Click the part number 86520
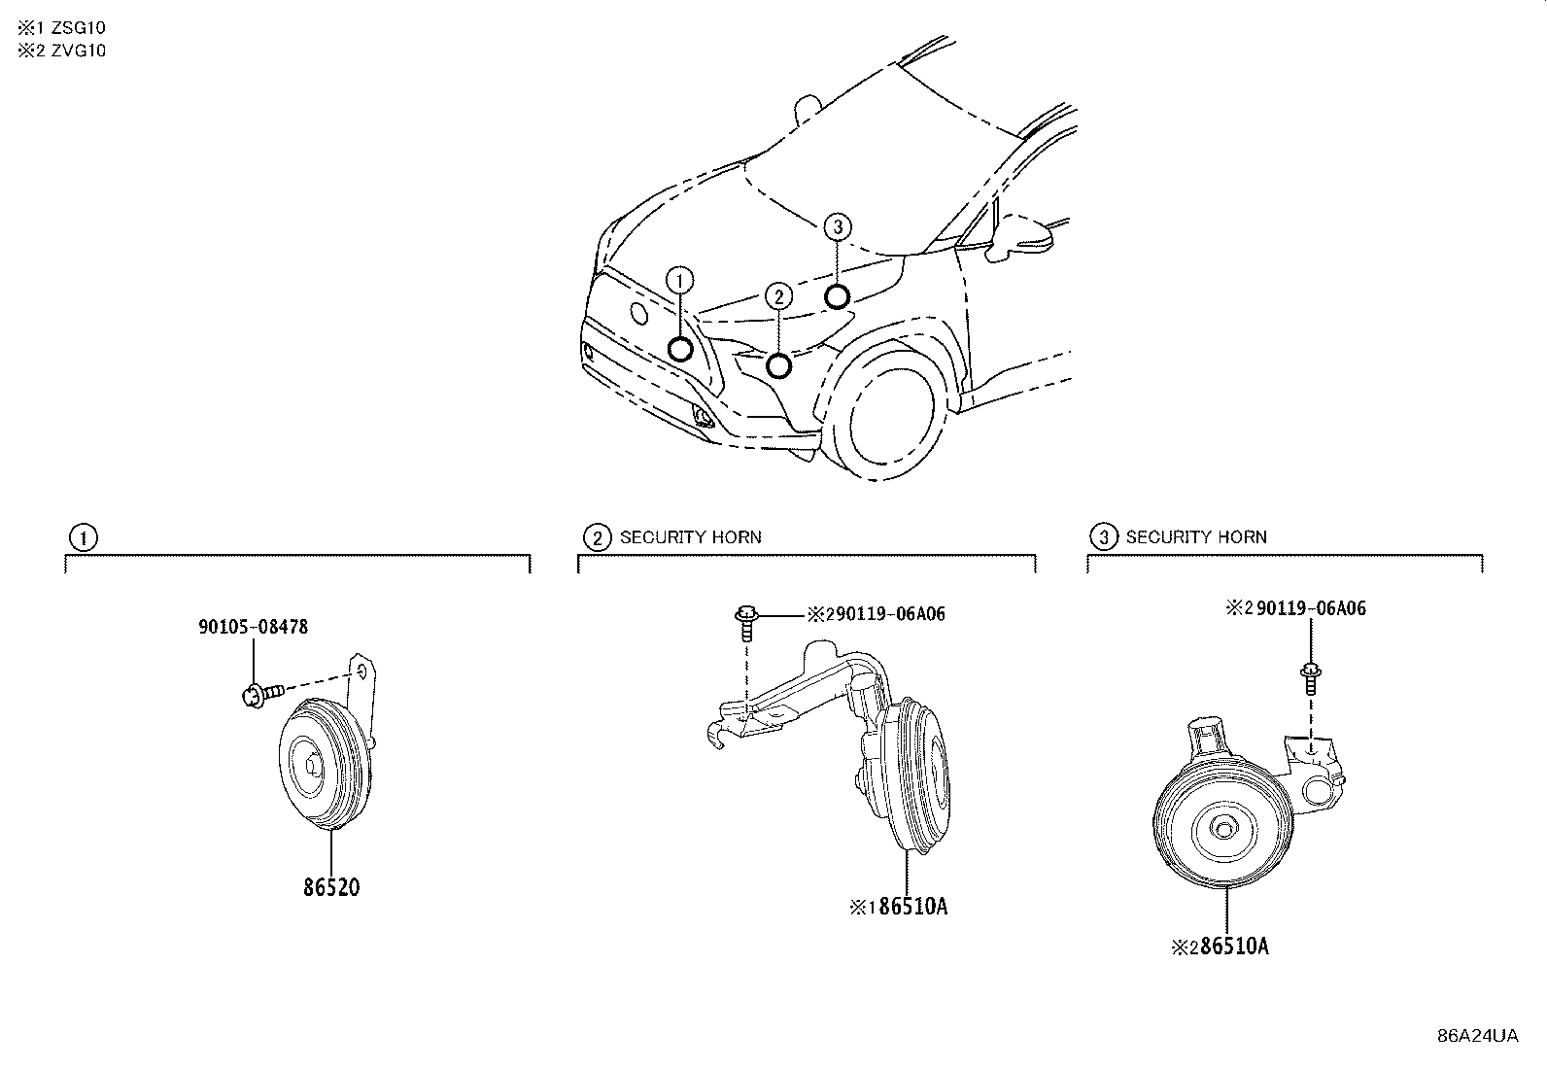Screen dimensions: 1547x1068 [331, 887]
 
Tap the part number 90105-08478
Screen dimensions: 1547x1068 [254, 627]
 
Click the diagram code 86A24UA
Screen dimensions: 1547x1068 [1478, 1036]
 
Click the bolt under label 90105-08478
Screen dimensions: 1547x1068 [262, 694]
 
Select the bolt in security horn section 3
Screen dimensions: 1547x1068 [1310, 677]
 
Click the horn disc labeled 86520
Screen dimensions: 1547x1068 [326, 764]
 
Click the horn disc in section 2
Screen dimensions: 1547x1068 [917, 776]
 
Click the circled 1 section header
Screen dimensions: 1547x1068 [84, 537]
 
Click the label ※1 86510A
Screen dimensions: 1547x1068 [899, 906]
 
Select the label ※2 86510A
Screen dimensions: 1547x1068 [1220, 946]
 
